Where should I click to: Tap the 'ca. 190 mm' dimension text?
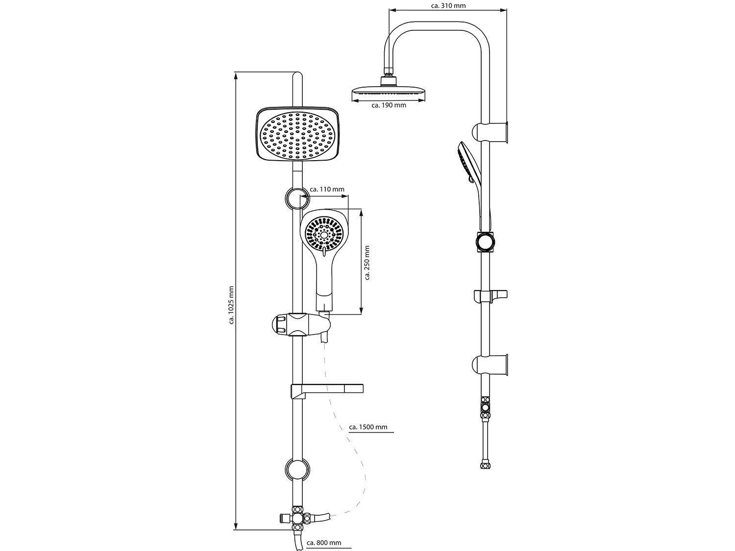point(389,105)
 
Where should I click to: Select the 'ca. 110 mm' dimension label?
point(327,189)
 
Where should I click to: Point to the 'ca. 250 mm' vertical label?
point(367,263)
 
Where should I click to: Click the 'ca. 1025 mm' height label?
point(231,305)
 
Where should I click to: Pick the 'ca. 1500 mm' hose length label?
point(368,427)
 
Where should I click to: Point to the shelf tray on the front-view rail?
point(327,390)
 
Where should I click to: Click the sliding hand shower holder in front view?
point(298,324)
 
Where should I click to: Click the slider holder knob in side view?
point(486,242)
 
